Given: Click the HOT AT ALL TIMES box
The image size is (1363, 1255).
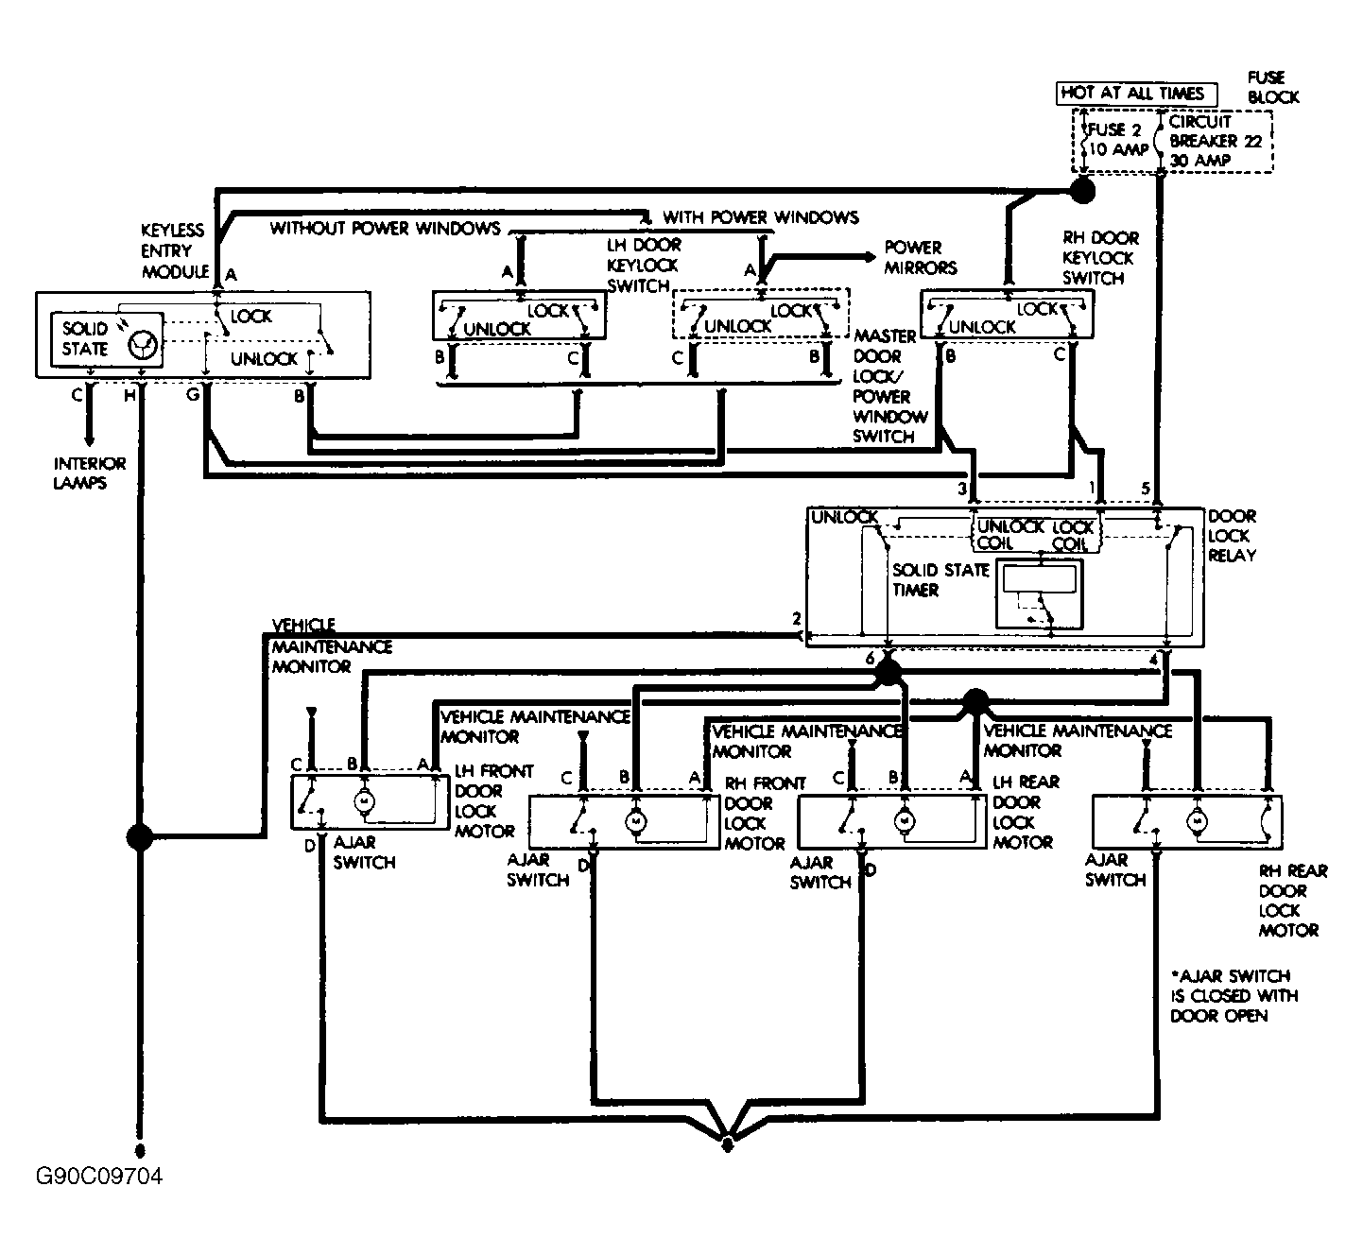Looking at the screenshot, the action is coord(1136,94).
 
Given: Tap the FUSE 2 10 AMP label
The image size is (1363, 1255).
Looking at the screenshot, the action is coord(1117,139).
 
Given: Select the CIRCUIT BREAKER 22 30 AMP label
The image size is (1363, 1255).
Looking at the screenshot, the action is coord(1215,142).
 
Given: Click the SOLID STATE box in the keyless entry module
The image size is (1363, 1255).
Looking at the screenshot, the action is coord(108,340).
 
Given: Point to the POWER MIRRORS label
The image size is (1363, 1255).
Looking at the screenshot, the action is coord(920,258).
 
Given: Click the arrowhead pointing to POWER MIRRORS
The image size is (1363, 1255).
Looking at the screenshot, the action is coord(869,257).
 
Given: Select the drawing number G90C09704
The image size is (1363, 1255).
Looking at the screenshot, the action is coord(99,1176).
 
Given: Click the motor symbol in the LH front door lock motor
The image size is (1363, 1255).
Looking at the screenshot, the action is coord(364,801).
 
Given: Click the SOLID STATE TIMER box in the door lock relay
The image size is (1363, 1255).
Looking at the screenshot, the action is coord(1039,593).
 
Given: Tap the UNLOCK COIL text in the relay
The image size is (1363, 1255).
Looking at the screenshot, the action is coord(1009,535).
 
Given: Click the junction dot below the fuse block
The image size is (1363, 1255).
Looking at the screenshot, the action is coord(1082,191).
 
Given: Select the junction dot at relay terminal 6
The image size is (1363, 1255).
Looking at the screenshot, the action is coord(888,672).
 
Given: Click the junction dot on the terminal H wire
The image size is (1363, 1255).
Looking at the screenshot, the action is coord(140,836).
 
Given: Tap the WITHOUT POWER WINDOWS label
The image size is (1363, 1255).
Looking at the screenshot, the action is coord(385,228).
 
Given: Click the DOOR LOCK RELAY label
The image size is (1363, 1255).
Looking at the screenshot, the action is coord(1232,536).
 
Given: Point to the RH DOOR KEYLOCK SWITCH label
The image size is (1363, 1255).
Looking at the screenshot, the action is coord(1100,258).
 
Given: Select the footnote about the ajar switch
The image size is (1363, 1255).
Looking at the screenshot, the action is coord(1234,996).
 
